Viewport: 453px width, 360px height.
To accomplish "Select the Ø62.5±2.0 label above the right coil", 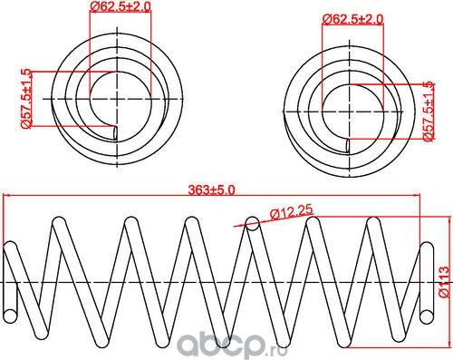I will (x=352, y=18).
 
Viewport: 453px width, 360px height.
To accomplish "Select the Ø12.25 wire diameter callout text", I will (x=290, y=212).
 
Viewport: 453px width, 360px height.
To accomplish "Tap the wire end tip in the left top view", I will (x=114, y=132).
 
